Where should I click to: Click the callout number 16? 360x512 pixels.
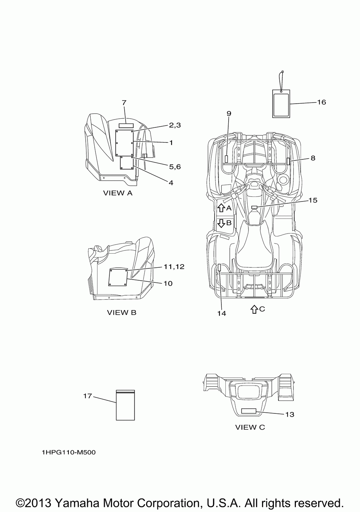click(321, 102)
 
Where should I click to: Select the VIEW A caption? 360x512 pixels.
click(118, 193)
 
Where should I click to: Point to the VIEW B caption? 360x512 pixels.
click(122, 312)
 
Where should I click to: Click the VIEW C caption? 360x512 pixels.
click(250, 427)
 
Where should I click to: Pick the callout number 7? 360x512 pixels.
click(124, 103)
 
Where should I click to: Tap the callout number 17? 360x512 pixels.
click(87, 396)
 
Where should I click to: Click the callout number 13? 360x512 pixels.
click(289, 414)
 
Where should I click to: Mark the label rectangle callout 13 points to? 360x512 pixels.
click(248, 411)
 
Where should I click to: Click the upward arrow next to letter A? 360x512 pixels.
click(221, 208)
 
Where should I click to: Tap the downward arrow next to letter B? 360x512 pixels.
click(221, 223)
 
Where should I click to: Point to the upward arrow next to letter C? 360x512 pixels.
click(254, 309)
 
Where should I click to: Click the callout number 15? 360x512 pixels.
click(312, 200)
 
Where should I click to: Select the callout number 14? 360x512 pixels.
click(221, 313)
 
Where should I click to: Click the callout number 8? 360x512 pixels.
click(312, 158)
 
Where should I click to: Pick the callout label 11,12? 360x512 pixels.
click(174, 266)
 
